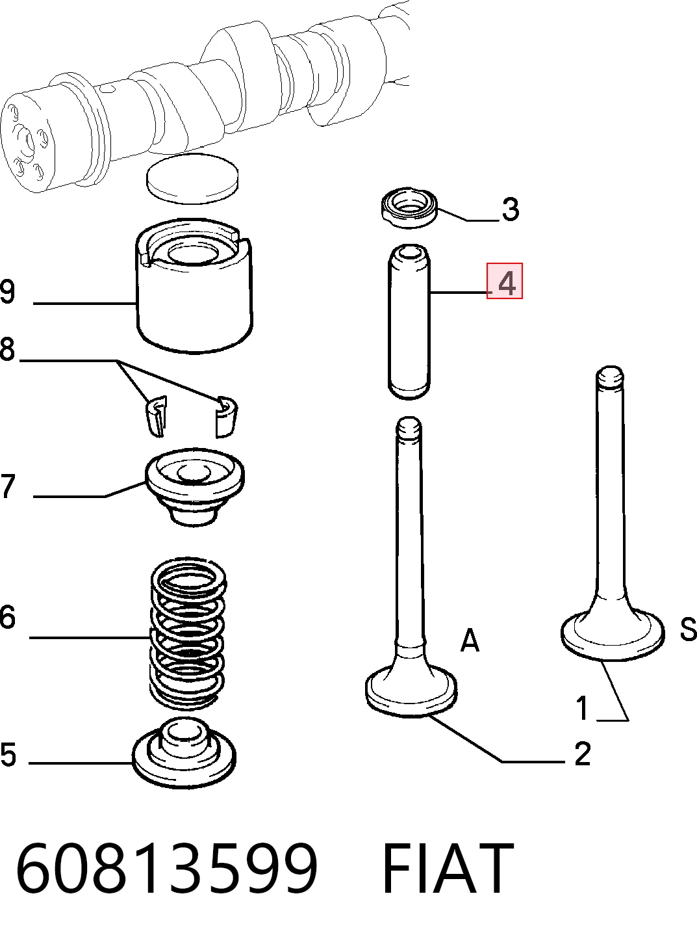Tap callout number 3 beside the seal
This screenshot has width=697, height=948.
click(x=510, y=209)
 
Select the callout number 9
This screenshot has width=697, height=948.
click(x=7, y=291)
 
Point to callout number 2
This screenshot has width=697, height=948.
click(x=582, y=754)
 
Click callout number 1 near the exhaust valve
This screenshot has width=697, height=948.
click(x=583, y=708)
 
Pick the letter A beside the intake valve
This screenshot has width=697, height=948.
click(x=470, y=640)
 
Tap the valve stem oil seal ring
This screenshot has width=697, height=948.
click(x=409, y=207)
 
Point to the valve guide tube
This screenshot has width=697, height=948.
click(x=409, y=322)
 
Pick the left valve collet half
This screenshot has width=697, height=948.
click(x=156, y=416)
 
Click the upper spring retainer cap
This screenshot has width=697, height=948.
click(x=194, y=487)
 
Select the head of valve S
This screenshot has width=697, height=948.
click(x=613, y=635)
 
